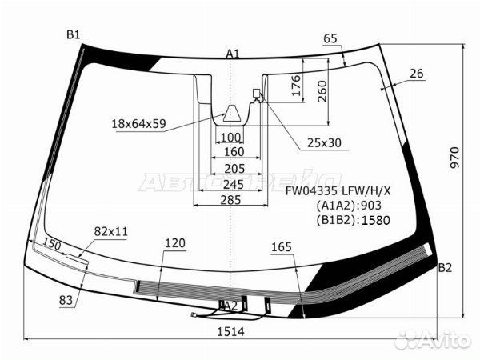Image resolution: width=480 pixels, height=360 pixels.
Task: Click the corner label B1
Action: pos(73,34)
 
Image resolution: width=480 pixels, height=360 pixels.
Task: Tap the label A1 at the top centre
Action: pos(232,54)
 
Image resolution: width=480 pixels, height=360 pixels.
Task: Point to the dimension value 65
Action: pos(331,38)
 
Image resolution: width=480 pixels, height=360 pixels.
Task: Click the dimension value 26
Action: pos(415,74)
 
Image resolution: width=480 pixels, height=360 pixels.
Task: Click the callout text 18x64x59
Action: pos(139,123)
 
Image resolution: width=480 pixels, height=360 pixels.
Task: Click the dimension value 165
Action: pos(281,246)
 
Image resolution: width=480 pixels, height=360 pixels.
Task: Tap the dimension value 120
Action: pos(175,242)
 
